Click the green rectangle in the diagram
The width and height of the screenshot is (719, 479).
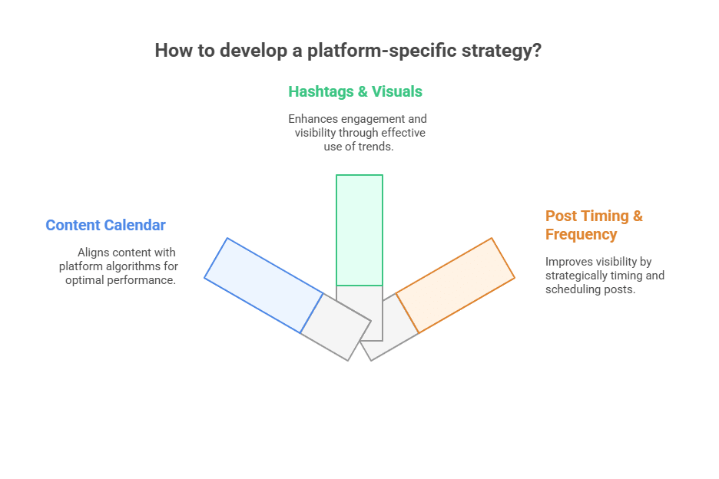coord(359,230)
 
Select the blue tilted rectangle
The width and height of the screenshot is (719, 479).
coord(263,286)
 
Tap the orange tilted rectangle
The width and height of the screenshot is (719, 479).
coord(456,286)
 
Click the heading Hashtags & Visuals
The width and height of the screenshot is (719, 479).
coord(356,91)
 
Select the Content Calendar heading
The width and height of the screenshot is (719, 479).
coord(105,225)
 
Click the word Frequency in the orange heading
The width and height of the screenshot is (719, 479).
coord(581,235)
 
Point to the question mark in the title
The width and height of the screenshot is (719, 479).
coord(537,50)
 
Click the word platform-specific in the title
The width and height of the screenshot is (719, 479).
coord(382,51)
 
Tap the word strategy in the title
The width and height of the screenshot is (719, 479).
coord(496,51)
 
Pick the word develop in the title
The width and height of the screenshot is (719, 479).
coord(253,51)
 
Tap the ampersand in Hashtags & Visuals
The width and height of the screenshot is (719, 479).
coord(363,91)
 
